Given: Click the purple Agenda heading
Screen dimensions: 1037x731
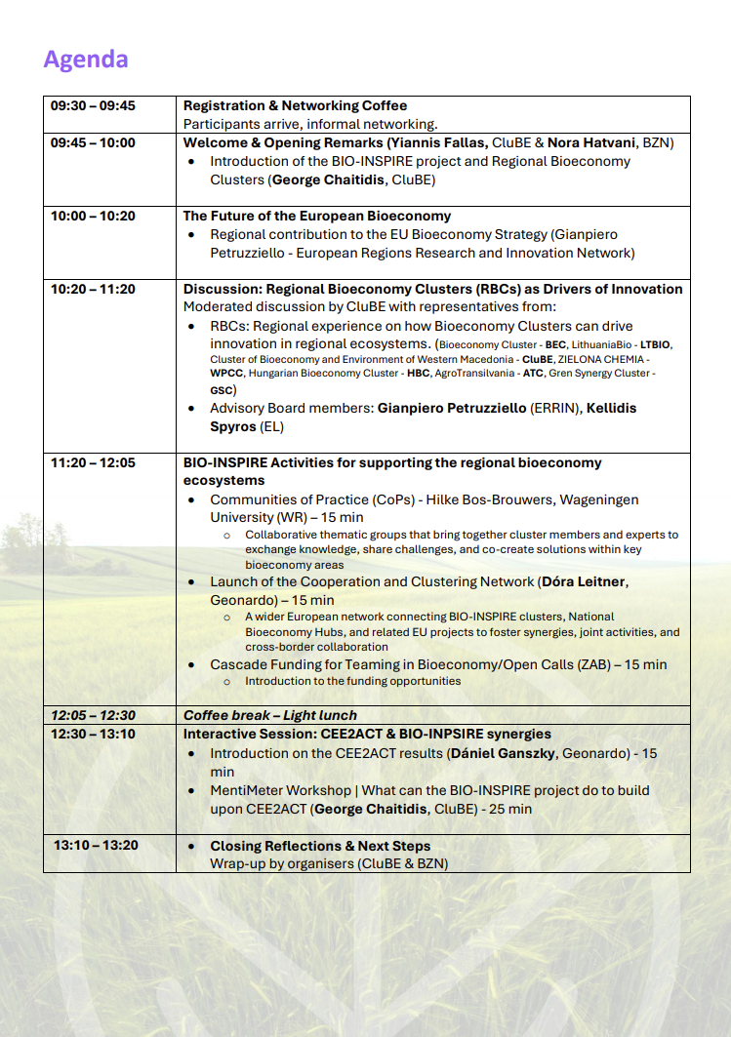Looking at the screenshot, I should [86, 60].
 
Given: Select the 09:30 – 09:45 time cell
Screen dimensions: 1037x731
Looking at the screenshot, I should [93, 105].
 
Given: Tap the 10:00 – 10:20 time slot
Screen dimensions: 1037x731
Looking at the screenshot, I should [93, 216].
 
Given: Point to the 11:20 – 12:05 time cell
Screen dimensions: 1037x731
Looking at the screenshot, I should [93, 462].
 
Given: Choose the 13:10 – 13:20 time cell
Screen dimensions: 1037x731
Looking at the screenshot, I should [96, 846].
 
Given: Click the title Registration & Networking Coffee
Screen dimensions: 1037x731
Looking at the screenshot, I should [295, 105].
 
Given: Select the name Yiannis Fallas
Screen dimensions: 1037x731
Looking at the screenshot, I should [437, 142].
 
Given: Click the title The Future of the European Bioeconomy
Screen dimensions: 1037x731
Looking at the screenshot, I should [317, 216].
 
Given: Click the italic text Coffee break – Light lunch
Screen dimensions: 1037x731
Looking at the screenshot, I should [270, 715].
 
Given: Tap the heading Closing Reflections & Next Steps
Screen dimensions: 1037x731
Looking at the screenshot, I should [320, 846].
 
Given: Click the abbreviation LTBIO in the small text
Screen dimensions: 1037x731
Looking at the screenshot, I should [655, 345].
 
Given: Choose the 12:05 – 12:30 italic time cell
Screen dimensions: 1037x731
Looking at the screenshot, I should [93, 715].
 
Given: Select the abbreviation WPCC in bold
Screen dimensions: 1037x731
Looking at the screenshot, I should [226, 373].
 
